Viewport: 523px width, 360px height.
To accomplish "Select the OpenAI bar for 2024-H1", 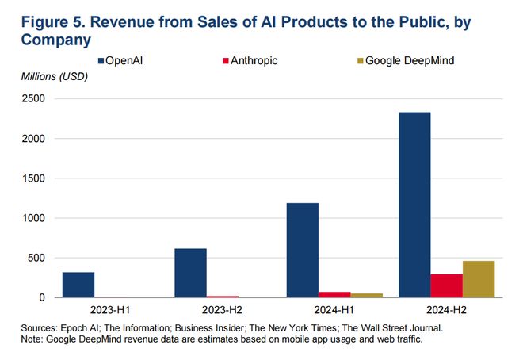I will (x=303, y=250).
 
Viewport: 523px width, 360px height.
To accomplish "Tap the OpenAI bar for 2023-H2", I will (x=190, y=273).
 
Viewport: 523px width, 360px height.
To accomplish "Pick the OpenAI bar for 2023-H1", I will (x=78, y=285).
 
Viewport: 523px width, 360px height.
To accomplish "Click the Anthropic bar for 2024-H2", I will (x=446, y=285).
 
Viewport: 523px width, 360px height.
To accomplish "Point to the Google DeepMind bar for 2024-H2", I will (x=478, y=279).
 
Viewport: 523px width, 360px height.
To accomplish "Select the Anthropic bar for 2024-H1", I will (x=334, y=294).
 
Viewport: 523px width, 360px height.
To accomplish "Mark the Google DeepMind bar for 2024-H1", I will (x=366, y=295).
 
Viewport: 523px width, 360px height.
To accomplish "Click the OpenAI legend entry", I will (x=126, y=60).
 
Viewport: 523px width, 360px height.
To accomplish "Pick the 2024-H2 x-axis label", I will (x=446, y=308).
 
